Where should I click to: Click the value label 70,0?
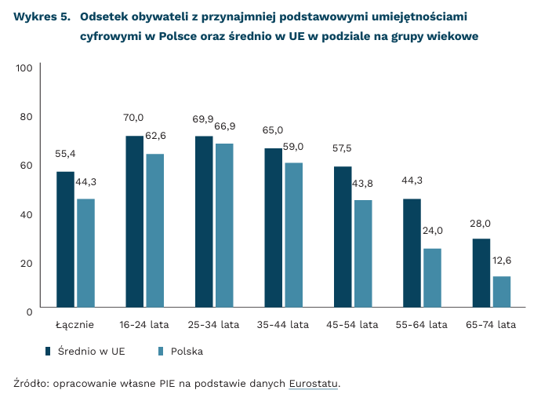pos(133,118)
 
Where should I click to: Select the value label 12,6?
pos(501,260)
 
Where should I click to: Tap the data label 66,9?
pos(225,126)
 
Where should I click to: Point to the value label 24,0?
pos(433,231)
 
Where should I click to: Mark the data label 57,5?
pos(343,148)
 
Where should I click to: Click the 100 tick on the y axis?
pos(24,68)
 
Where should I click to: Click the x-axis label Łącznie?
pos(75,324)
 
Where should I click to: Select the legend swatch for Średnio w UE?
pos(49,351)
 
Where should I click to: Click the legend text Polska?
pos(187,351)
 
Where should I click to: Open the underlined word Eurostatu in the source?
pos(314,384)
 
